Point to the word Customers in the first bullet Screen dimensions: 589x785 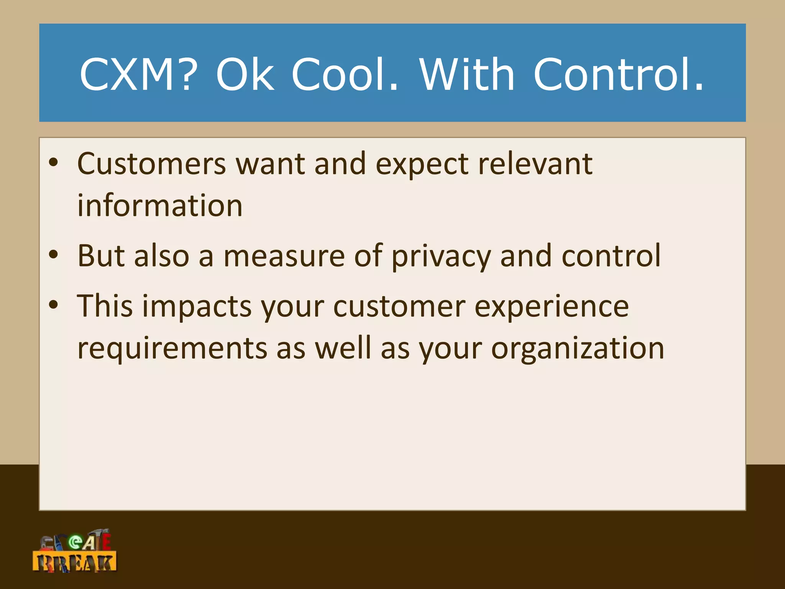(152, 164)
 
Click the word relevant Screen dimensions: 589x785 (535, 164)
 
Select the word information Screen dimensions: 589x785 (160, 206)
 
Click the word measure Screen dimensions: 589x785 (284, 256)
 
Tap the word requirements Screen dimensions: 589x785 (172, 349)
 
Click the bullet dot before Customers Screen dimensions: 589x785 (54, 163)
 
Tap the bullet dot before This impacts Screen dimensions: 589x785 (54, 305)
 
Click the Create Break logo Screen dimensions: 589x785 (75, 551)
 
